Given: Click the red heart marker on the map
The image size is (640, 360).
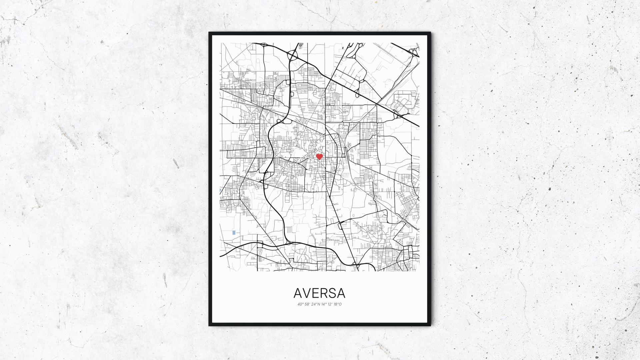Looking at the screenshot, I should [x=319, y=156].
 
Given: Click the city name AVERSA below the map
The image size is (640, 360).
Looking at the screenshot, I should [x=319, y=293].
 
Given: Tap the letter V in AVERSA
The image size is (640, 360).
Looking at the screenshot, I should [x=308, y=293].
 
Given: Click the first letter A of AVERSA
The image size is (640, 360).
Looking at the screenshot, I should [x=299, y=293].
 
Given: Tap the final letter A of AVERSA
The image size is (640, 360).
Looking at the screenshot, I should [x=341, y=293].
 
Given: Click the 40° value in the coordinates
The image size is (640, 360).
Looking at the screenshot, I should [x=300, y=304].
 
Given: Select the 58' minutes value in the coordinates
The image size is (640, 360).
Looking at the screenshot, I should [x=307, y=304].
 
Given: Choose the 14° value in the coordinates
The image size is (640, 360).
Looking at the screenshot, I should [x=323, y=304].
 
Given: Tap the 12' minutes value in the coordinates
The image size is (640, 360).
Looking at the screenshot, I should [x=330, y=304].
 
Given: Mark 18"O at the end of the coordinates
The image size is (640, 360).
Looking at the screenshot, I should [x=337, y=304].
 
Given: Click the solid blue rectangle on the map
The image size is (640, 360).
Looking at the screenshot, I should [x=234, y=232].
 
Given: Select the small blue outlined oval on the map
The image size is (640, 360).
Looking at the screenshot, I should [x=353, y=216].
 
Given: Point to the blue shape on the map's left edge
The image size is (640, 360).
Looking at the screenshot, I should [x=220, y=190].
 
